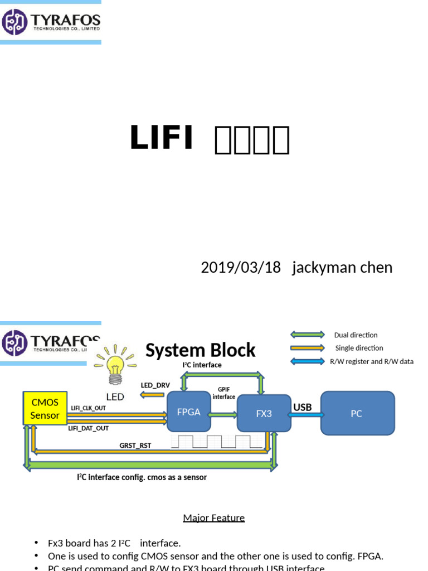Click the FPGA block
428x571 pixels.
tap(189, 412)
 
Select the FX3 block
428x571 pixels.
tap(264, 413)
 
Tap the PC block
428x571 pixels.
tap(357, 413)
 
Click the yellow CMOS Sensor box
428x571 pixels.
tap(45, 409)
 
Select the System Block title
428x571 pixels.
tap(200, 350)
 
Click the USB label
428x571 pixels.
tap(303, 407)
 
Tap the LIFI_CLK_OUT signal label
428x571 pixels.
tap(89, 408)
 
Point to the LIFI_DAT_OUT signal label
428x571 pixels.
tap(89, 428)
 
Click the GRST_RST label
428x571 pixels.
tap(135, 446)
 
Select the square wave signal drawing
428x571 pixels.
tap(217, 442)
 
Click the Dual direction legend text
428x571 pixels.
tap(356, 335)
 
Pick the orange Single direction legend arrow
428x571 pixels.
tap(307, 348)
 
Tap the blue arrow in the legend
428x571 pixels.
tap(307, 361)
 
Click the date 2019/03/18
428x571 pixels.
tap(241, 267)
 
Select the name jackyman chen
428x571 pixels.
tap(342, 267)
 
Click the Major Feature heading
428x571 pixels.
tap(214, 517)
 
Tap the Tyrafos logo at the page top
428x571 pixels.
tap(51, 22)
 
